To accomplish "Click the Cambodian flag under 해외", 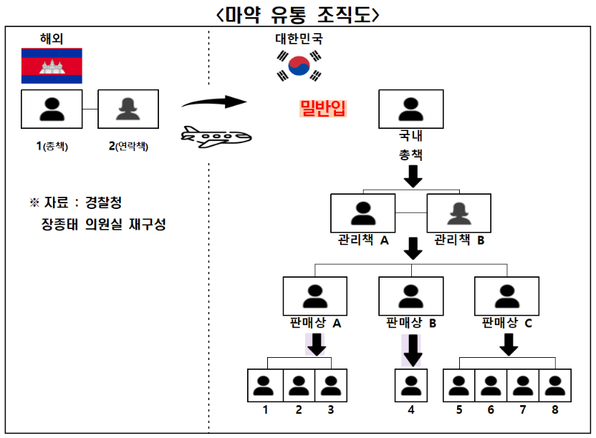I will tap(52, 67).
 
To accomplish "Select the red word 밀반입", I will tap(323, 109).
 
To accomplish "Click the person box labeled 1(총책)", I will tap(52, 109).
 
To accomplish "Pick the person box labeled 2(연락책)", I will tap(128, 109).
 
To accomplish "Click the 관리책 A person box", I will tap(363, 213).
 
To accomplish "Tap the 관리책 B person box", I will tap(458, 213).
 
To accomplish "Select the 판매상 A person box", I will tap(314, 296).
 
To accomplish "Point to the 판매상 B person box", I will tap(410, 296).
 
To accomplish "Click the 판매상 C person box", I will tap(506, 296).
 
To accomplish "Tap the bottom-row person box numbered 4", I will tap(410, 386).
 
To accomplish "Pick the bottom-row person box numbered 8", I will tap(554, 386).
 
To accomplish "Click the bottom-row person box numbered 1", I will tap(264, 386).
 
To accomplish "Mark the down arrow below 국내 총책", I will tap(413, 175).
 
